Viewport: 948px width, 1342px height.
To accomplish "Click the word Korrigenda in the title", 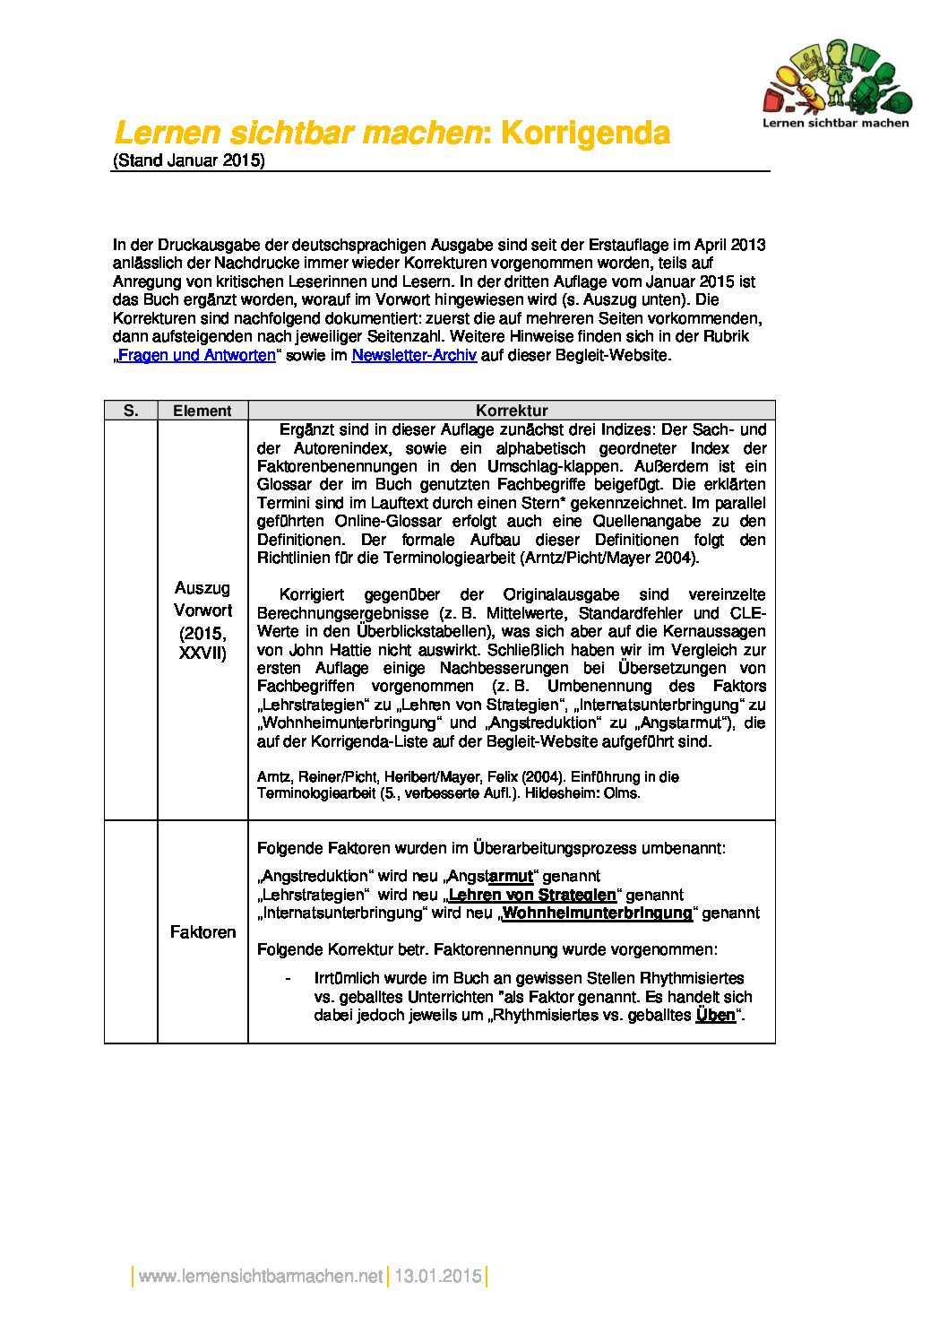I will (x=585, y=134).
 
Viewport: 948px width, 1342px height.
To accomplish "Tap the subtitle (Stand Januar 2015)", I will (x=189, y=161).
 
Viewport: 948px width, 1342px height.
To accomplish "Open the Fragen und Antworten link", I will (x=197, y=355).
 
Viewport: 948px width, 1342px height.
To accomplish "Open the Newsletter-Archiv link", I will (x=414, y=355).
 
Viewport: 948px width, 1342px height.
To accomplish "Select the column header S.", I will (x=131, y=411).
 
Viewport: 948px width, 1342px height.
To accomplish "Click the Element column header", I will (x=203, y=411).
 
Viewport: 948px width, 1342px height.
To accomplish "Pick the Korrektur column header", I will (x=511, y=411).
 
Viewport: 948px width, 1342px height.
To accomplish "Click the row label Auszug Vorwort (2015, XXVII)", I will (x=203, y=620).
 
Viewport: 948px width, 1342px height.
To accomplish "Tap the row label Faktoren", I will (x=203, y=932).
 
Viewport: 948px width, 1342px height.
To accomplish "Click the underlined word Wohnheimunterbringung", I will (x=598, y=913).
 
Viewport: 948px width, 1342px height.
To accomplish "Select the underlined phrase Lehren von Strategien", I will (x=532, y=895).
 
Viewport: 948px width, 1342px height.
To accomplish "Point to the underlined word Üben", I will (x=715, y=1016).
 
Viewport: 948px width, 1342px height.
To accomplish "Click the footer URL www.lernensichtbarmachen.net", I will (x=261, y=1276).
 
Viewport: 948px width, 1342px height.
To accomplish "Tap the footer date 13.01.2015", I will (x=438, y=1276).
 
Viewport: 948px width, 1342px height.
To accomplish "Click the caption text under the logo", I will (x=835, y=123).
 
